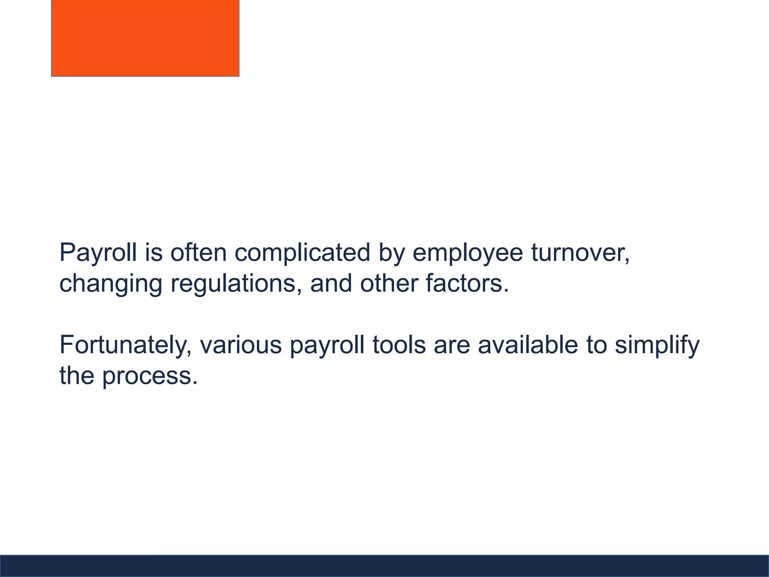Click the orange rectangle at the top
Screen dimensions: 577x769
pyautogui.click(x=145, y=38)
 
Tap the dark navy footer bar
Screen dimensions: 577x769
pyautogui.click(x=384, y=566)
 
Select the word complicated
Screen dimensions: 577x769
pyautogui.click(x=302, y=252)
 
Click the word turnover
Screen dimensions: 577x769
pyautogui.click(x=580, y=252)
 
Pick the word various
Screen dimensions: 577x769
pyautogui.click(x=241, y=345)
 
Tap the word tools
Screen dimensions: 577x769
pyautogui.click(x=399, y=345)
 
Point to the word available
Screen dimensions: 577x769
pyautogui.click(x=528, y=345)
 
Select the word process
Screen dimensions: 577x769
pyautogui.click(x=150, y=376)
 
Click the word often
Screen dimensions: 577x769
pyautogui.click(x=199, y=252)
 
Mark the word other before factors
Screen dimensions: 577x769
pyautogui.click(x=388, y=283)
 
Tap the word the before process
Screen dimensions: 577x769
pyautogui.click(x=77, y=376)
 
